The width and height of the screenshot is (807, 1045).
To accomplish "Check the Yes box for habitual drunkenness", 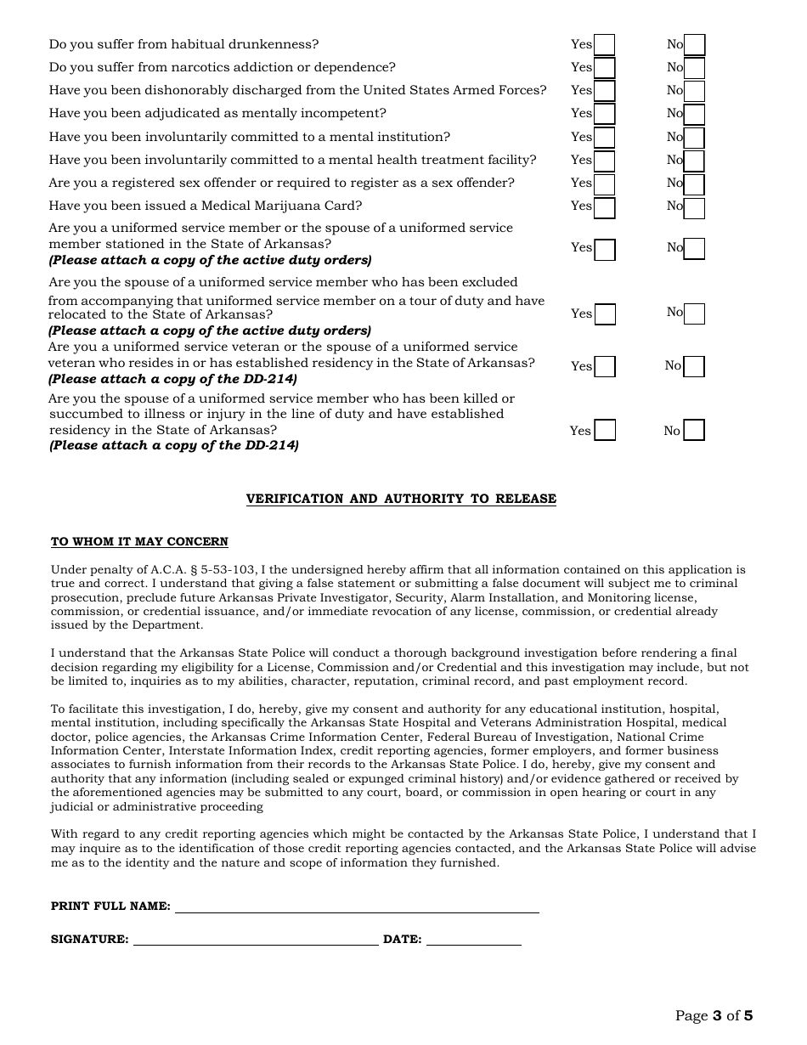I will (x=604, y=45).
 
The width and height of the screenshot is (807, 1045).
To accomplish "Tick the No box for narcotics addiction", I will (x=694, y=68).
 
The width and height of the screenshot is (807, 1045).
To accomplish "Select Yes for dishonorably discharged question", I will (x=604, y=91).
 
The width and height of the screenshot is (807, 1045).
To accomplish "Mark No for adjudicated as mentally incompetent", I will (x=694, y=114).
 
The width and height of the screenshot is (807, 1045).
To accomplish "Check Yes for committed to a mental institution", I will (x=604, y=138).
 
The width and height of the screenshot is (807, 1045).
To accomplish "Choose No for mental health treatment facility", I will (x=694, y=161).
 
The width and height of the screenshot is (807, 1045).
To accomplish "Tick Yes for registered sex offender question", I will (x=604, y=184).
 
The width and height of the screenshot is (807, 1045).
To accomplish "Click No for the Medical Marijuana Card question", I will (x=694, y=206).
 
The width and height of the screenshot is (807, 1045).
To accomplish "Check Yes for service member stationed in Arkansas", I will (x=605, y=249).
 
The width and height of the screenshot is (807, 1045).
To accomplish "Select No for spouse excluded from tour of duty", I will (x=694, y=313).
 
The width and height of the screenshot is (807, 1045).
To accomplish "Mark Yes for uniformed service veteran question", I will (x=605, y=366).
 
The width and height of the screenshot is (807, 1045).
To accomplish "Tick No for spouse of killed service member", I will (x=694, y=431).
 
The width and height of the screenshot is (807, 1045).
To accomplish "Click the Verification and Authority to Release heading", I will (x=401, y=499).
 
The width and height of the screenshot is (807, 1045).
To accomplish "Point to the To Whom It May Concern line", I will (x=139, y=542).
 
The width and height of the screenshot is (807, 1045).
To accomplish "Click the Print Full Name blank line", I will (x=357, y=907).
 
